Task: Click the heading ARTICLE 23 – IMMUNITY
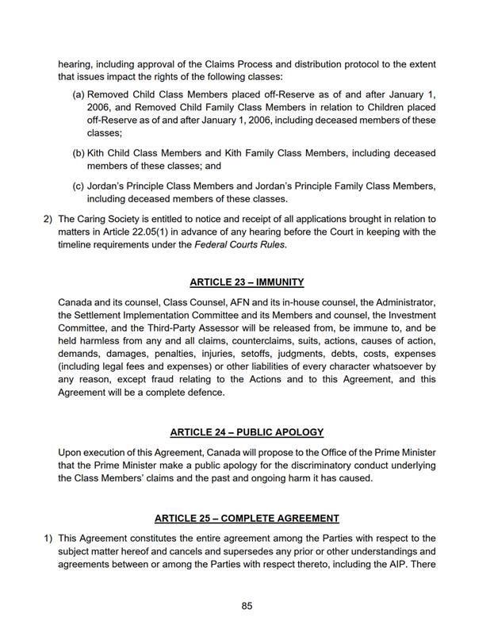[x=247, y=282]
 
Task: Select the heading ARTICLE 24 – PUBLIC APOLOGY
[x=247, y=431]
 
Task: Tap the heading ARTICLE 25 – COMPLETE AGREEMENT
[x=247, y=518]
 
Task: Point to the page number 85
[x=247, y=607]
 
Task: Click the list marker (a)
[x=79, y=95]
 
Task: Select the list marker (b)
[x=79, y=152]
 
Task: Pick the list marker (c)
[x=79, y=185]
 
